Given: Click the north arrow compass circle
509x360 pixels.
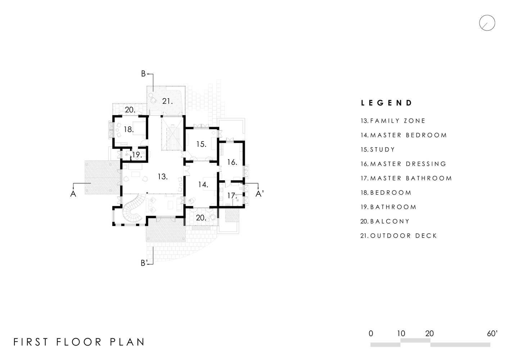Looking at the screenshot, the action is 487,15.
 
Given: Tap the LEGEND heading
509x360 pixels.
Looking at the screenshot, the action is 387,103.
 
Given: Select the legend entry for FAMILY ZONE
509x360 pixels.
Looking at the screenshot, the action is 393,121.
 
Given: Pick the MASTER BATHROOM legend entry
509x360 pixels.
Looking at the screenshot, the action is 406,178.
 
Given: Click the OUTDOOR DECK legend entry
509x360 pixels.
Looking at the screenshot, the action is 399,236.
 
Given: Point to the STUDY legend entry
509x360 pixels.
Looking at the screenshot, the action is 378,149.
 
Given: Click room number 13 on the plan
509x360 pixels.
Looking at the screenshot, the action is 163,176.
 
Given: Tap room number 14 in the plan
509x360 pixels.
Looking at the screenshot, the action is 203,185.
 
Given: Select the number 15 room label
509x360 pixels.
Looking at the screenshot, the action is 201,144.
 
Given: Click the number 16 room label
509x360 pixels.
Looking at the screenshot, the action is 232,162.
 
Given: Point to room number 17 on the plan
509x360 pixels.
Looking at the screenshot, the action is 232,195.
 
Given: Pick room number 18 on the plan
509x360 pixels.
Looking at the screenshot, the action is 129,130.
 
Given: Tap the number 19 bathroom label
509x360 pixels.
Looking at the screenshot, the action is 137,155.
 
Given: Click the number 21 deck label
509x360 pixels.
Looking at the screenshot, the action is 167,101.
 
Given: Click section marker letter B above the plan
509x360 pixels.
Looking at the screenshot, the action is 143,74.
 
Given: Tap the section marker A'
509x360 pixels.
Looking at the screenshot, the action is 260,194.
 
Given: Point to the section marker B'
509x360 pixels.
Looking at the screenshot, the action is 144,263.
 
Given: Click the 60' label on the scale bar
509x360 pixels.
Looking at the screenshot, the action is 492,334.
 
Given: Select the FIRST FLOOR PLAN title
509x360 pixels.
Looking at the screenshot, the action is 79,342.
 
